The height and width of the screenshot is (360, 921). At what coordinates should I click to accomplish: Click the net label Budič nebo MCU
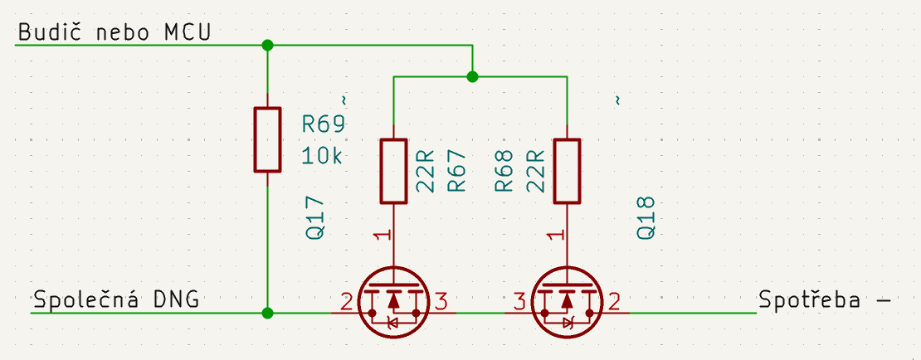click(114, 32)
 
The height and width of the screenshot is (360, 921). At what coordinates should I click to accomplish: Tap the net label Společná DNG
click(115, 300)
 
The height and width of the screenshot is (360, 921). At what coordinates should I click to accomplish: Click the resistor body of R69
click(267, 139)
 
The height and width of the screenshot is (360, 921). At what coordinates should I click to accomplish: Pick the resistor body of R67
click(393, 172)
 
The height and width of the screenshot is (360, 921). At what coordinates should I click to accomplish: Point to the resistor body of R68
click(567, 172)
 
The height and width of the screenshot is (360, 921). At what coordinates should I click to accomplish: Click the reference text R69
click(322, 125)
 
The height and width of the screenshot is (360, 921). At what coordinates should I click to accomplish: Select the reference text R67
click(457, 172)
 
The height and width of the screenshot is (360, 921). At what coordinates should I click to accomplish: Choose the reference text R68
click(504, 172)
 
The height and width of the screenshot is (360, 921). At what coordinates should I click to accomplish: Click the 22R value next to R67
click(426, 172)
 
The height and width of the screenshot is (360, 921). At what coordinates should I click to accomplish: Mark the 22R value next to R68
click(535, 172)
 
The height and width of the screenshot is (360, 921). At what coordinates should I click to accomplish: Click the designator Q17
click(316, 218)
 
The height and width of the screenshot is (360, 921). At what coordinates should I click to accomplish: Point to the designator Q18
click(646, 218)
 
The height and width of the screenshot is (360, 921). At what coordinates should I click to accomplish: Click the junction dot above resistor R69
click(267, 45)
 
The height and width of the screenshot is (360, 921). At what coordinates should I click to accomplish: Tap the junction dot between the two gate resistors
click(472, 77)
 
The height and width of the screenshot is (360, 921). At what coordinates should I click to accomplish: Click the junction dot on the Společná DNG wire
click(267, 313)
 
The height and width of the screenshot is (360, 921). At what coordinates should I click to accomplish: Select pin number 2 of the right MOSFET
click(615, 301)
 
